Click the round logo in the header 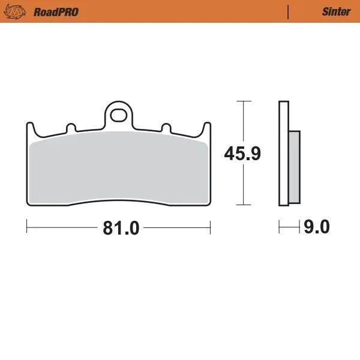coord(19,11)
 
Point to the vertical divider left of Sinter coord(289,11)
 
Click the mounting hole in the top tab coord(119,112)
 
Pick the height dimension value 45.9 coord(242,154)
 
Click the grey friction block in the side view coord(294,167)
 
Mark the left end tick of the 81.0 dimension coord(28,227)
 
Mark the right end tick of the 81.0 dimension coord(210,227)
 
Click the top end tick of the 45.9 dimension coord(242,101)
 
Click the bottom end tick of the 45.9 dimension coord(242,205)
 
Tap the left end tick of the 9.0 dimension coord(280,227)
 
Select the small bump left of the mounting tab coord(71,128)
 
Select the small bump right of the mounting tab coord(165,128)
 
